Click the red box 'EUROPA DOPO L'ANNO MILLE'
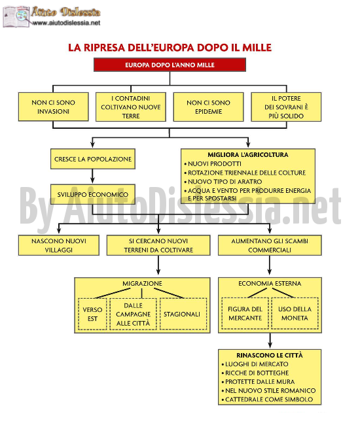click(x=170, y=65)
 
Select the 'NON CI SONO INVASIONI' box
click(x=54, y=107)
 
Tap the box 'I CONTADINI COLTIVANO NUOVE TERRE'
click(x=131, y=107)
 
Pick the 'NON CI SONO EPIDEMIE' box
click(x=208, y=107)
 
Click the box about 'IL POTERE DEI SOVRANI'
click(x=286, y=107)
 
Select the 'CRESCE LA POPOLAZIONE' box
click(x=93, y=159)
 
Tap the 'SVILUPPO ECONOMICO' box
click(x=93, y=194)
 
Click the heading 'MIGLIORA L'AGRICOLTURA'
click(x=248, y=155)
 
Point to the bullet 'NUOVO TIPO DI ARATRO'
click(x=223, y=182)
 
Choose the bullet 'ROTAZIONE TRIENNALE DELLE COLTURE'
click(x=245, y=173)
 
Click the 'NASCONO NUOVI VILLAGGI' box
click(x=59, y=245)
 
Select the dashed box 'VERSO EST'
click(x=92, y=314)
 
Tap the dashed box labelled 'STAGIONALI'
click(x=183, y=314)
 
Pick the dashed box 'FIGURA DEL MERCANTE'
click(x=245, y=313)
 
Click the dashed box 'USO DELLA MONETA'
click(x=295, y=313)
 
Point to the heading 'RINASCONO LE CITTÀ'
click(x=270, y=355)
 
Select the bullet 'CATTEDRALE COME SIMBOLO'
click(x=267, y=399)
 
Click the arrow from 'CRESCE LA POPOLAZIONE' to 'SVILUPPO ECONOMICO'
click(x=92, y=177)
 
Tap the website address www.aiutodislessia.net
click(x=66, y=23)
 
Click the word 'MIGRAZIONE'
click(x=142, y=284)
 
